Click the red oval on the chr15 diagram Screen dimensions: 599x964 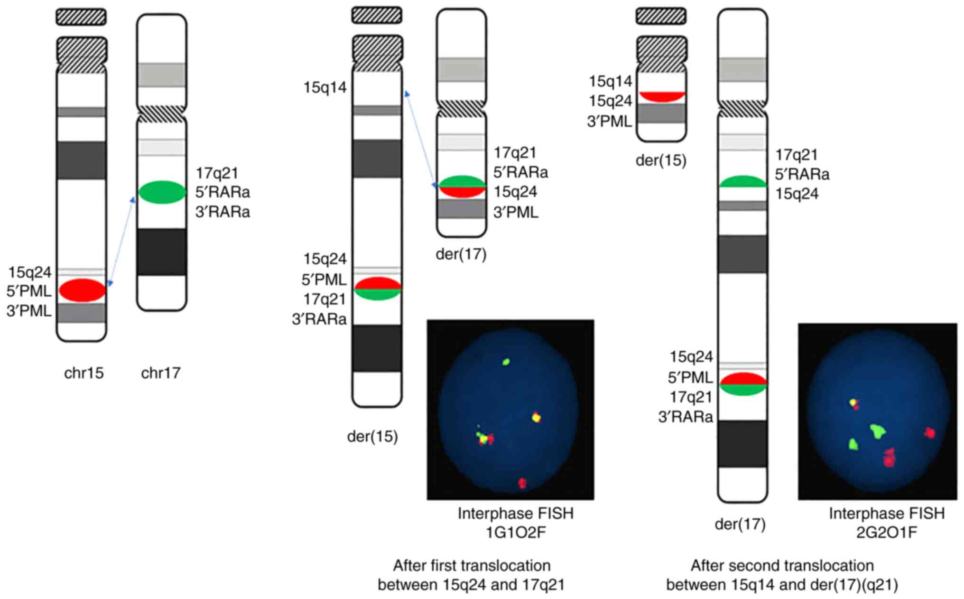[x=82, y=290]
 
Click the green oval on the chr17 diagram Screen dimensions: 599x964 [x=162, y=192]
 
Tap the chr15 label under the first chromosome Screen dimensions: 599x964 [x=83, y=373]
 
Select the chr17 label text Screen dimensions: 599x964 [x=161, y=373]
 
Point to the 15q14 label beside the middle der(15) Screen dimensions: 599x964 [x=325, y=88]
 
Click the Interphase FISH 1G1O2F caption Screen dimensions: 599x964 [x=515, y=523]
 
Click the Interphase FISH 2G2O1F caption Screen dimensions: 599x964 [x=886, y=523]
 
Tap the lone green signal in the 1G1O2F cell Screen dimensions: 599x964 [x=506, y=362]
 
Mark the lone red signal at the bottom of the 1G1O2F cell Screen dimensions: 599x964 [x=522, y=483]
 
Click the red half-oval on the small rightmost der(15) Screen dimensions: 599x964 [x=661, y=96]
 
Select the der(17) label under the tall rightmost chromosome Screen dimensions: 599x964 [x=740, y=524]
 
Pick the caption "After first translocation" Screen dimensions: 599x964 [x=471, y=566]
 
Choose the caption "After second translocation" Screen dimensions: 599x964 [x=782, y=566]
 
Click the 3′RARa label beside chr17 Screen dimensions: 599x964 [x=222, y=212]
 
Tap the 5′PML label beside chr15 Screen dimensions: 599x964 [x=29, y=291]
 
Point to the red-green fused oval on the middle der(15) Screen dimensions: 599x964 [x=378, y=288]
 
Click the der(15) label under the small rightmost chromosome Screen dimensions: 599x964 [x=661, y=160]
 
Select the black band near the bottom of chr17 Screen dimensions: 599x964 [x=162, y=252]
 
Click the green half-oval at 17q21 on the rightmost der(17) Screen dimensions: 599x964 [x=743, y=182]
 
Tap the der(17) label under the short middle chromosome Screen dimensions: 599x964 [x=461, y=254]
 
